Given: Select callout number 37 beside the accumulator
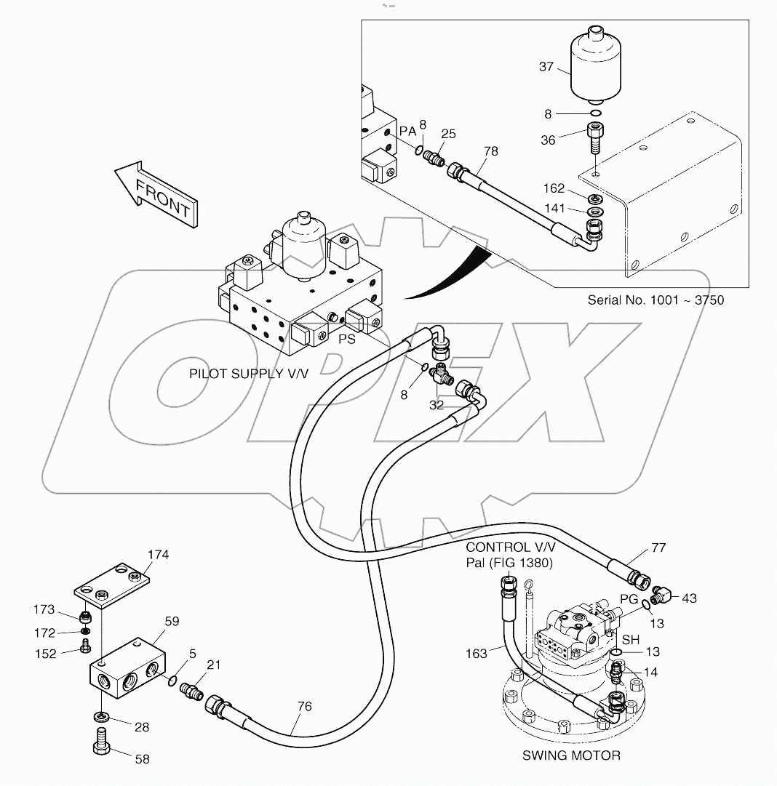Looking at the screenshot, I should [546, 67].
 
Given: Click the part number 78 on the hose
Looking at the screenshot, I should [491, 151].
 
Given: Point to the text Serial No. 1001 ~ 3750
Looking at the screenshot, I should [656, 300].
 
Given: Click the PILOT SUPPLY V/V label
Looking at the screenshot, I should [249, 374].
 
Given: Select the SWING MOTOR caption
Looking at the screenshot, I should [571, 755].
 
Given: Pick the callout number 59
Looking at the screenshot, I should [172, 622].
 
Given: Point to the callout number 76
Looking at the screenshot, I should [305, 705].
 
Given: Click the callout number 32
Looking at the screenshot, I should [436, 405].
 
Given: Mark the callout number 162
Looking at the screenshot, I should [554, 188].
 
